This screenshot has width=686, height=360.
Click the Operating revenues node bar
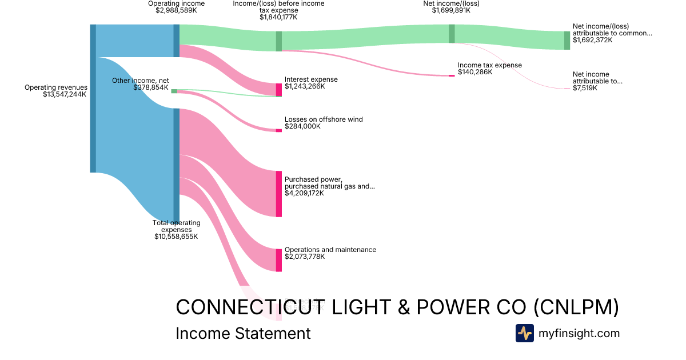93,98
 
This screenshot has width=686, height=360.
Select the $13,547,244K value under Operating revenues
65,95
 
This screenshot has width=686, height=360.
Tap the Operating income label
176,3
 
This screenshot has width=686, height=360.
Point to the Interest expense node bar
279,90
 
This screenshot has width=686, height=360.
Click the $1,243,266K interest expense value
305,87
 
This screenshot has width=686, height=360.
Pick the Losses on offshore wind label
324,119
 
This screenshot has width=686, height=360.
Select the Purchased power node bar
279,194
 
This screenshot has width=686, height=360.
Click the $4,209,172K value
304,193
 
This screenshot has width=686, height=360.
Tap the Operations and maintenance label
330,250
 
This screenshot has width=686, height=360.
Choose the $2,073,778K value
305,257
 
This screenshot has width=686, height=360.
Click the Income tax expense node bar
452,75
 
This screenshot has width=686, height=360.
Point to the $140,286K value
475,72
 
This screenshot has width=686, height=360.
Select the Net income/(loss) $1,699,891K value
451,10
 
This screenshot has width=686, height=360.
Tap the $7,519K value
585,89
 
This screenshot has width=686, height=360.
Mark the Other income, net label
141,81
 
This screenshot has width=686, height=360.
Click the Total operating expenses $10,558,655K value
176,236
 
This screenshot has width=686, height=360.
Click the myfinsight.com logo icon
524,333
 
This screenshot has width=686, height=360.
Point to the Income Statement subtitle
243,333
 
